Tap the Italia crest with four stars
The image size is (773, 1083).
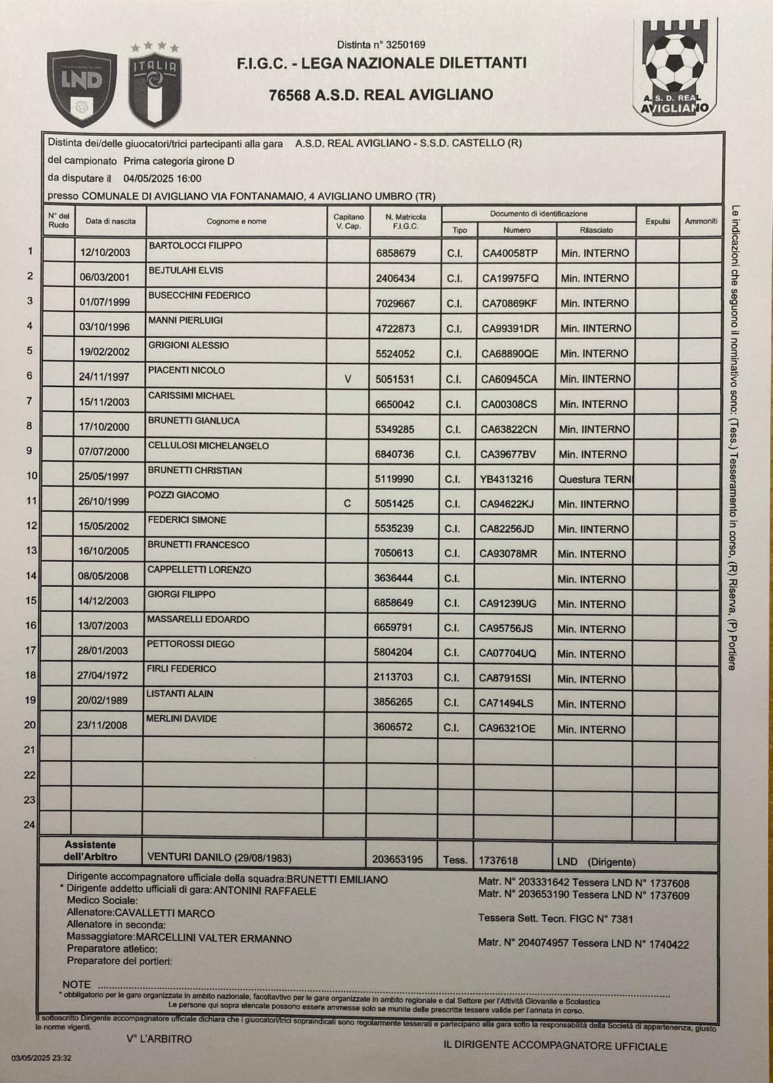tap(155, 85)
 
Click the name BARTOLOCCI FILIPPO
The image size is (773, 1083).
tap(195, 246)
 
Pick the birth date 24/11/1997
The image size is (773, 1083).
tap(104, 377)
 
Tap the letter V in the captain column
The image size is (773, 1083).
tap(348, 379)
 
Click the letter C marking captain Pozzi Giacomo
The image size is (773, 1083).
tap(347, 504)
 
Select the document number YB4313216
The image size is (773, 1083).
tap(506, 479)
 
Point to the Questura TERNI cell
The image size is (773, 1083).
tap(595, 479)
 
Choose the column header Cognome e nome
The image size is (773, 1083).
tap(236, 221)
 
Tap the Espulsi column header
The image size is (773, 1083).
tap(657, 221)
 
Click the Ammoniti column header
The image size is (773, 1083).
tap(701, 221)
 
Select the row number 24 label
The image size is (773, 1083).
tap(29, 825)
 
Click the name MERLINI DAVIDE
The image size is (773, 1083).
tap(181, 719)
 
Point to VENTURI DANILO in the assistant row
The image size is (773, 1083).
tap(219, 858)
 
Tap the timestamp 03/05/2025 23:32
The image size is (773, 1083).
tap(41, 1058)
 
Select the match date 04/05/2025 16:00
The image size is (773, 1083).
tap(162, 179)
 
